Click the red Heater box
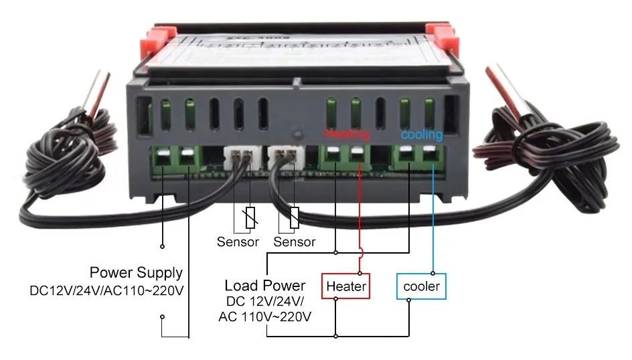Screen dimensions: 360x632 point(345,286)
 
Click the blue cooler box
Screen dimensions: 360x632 point(421,286)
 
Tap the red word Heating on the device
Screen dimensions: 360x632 point(346,134)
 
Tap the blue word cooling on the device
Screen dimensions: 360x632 point(421,134)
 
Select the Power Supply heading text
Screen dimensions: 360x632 point(136,273)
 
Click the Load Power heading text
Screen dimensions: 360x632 point(265,286)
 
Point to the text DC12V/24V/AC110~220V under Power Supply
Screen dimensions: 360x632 point(106,291)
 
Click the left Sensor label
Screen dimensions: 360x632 point(238,242)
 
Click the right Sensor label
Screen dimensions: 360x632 point(295,242)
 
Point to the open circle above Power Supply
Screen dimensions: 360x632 point(162,236)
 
